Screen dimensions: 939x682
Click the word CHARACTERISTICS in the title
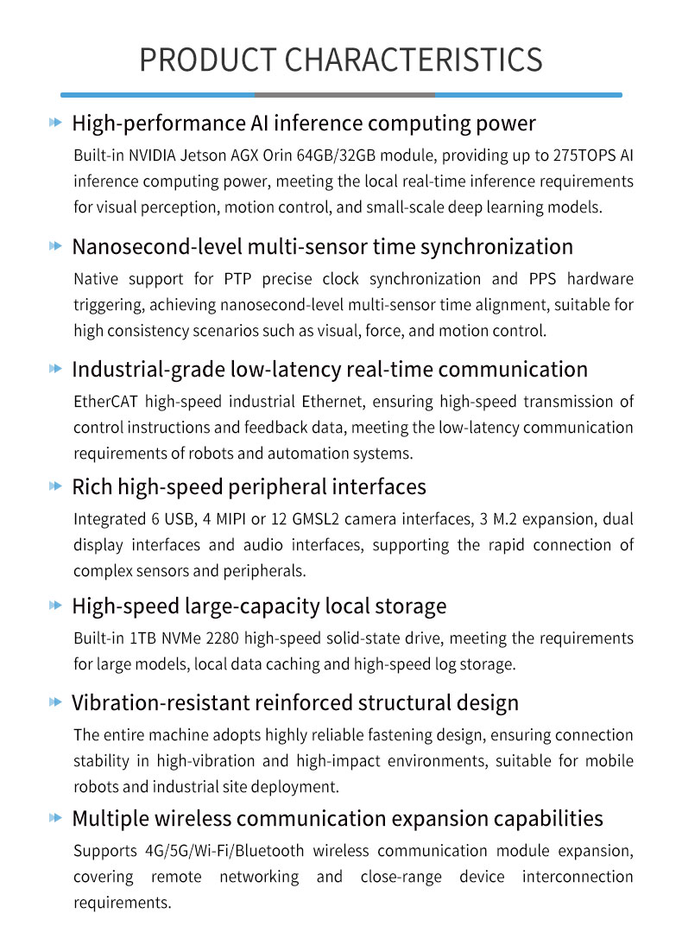[413, 60]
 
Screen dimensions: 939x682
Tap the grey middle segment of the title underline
[344, 94]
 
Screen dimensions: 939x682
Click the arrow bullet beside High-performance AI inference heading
[56, 124]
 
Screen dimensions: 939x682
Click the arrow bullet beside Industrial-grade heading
[56, 370]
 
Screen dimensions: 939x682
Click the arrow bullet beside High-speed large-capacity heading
[56, 606]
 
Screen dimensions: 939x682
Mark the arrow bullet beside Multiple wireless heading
[56, 818]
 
